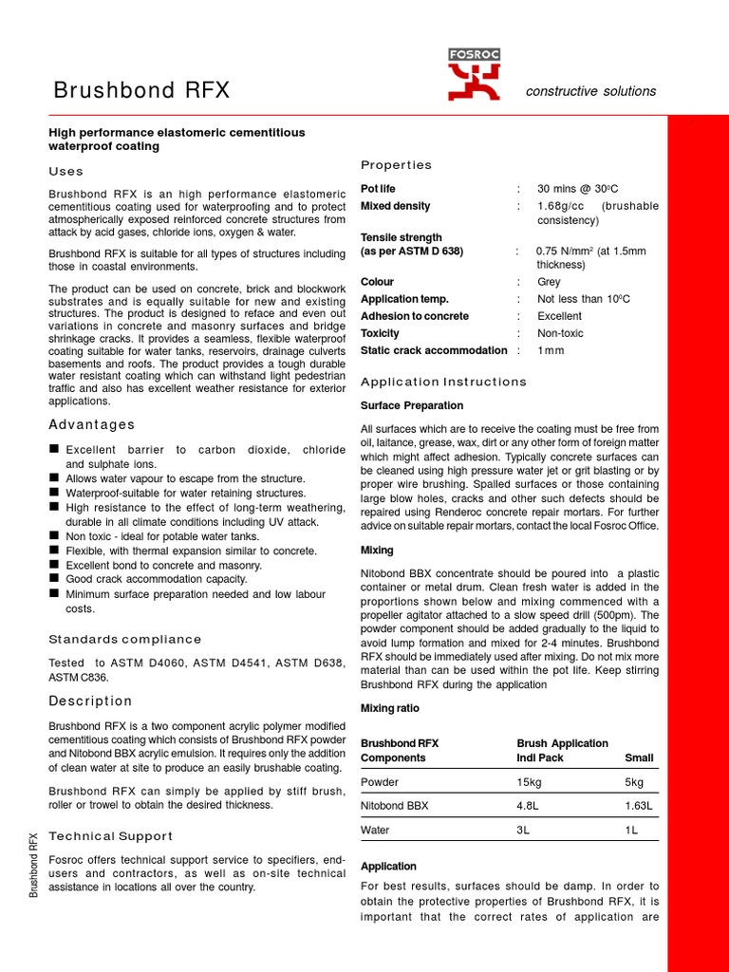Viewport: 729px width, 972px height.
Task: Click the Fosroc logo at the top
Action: pos(474,76)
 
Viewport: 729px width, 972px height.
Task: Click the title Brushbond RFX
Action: pos(141,91)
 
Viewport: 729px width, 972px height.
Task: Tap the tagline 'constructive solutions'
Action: pos(590,91)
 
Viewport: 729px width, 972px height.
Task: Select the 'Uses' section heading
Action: pos(66,172)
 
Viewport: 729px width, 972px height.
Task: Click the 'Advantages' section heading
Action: pos(92,424)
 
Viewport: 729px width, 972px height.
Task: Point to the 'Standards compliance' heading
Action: pos(125,639)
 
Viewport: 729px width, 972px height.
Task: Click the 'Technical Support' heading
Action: pos(111,836)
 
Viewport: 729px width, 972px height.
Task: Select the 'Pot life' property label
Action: pos(377,189)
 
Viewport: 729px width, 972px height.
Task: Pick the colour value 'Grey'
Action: pos(549,282)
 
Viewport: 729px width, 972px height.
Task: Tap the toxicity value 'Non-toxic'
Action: pos(560,333)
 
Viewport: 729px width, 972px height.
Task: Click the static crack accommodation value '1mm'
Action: pos(551,350)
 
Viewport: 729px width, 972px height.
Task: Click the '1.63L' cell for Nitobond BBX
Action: pos(639,806)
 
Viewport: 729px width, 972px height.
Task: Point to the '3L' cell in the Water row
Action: pos(525,830)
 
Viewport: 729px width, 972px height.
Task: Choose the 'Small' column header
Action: pos(639,758)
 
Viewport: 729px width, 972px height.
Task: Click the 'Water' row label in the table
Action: pos(377,830)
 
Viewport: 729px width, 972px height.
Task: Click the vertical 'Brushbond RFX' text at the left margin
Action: pos(34,864)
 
